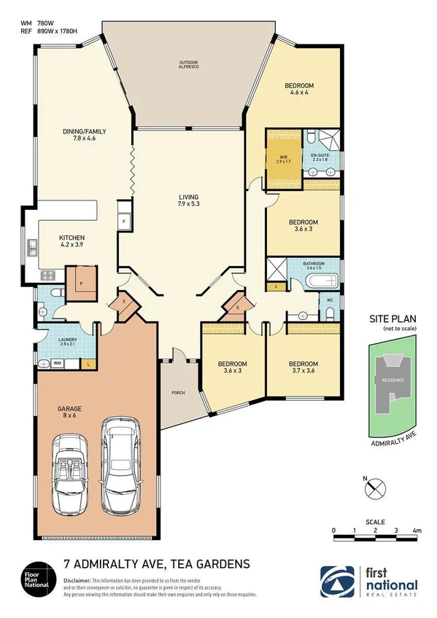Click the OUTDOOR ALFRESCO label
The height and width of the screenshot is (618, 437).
tap(189, 66)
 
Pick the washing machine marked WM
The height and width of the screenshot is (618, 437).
tap(56, 362)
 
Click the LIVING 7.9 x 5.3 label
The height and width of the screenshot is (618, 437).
tap(189, 201)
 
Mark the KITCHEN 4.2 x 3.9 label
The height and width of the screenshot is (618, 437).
tap(72, 242)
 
